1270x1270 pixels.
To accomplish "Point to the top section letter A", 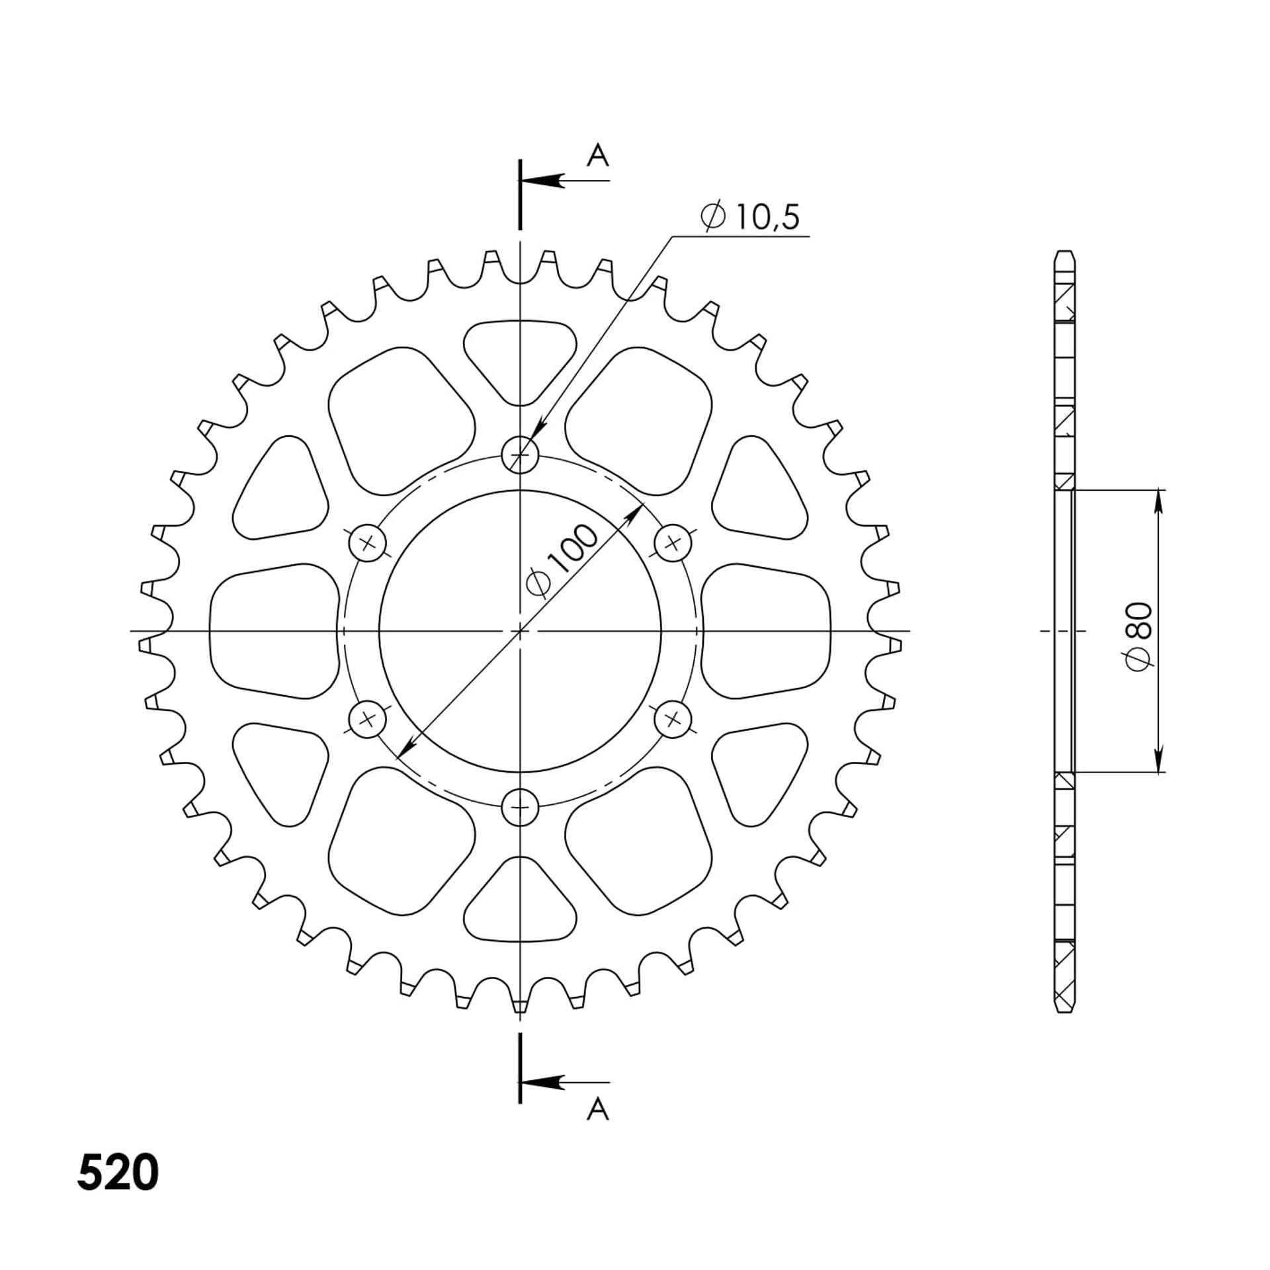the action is pos(598,156).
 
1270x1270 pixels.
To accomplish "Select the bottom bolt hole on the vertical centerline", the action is pos(521,807).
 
